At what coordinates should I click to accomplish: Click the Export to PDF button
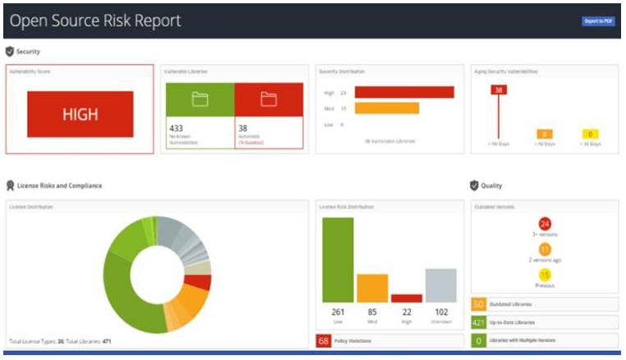(x=597, y=21)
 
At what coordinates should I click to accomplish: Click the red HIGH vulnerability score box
(x=80, y=115)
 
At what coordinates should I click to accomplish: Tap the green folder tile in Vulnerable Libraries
(x=199, y=99)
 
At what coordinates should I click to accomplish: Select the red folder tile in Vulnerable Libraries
(x=268, y=99)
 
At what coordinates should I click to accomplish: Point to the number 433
(x=176, y=128)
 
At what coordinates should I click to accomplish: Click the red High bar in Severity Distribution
(x=404, y=93)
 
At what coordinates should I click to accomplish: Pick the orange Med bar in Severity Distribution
(x=386, y=108)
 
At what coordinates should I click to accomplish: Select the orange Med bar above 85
(x=372, y=288)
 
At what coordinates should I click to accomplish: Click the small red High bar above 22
(x=406, y=298)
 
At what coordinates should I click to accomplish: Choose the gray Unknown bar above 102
(x=441, y=285)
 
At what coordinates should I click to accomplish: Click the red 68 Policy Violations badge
(x=323, y=340)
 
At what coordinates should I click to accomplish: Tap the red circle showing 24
(x=545, y=224)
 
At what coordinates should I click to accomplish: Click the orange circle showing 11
(x=545, y=249)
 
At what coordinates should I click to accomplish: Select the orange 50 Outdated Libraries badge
(x=479, y=304)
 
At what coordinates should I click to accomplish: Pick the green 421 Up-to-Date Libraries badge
(x=479, y=322)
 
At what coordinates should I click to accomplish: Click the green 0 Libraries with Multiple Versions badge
(x=479, y=339)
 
